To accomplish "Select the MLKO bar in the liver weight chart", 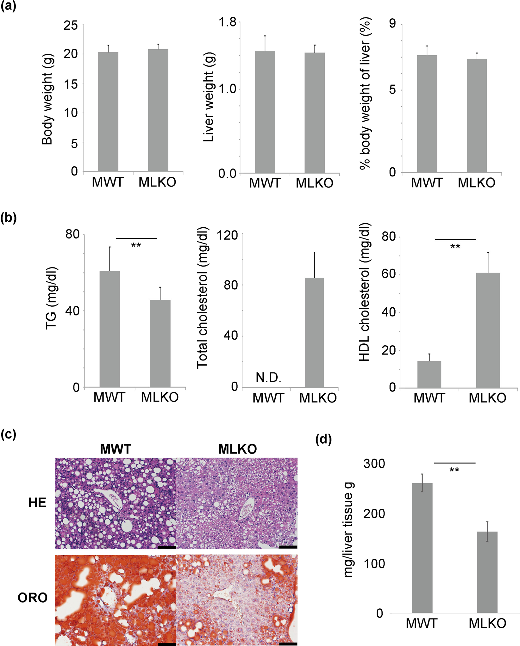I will [315, 113].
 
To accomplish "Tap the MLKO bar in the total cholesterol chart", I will [314, 332].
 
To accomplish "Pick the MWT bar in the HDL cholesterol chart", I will [429, 374].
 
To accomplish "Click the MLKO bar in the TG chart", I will [160, 343].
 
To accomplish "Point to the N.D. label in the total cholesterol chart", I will [268, 377].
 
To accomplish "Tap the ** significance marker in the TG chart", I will [136, 245].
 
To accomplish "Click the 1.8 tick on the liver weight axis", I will [228, 22].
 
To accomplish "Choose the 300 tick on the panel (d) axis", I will [374, 464].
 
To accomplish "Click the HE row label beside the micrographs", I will [37, 503].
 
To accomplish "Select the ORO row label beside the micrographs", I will [33, 598].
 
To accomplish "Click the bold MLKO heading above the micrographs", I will [237, 449].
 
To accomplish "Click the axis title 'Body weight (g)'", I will [47, 99].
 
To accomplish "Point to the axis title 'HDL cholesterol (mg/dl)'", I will [365, 292].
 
